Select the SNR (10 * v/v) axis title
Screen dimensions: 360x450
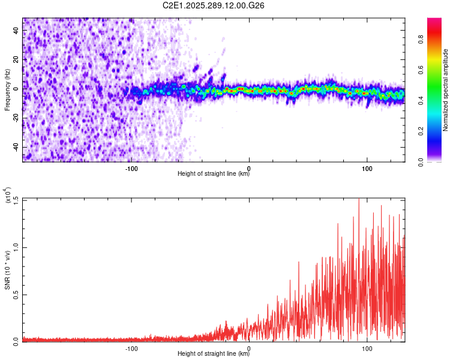[x=7, y=270]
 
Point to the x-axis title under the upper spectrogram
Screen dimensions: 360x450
[x=214, y=174]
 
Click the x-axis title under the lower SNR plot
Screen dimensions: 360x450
[x=214, y=354]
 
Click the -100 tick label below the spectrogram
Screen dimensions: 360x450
[x=132, y=167]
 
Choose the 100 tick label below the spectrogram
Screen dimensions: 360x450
[x=366, y=167]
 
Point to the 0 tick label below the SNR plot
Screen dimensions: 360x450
[x=249, y=347]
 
